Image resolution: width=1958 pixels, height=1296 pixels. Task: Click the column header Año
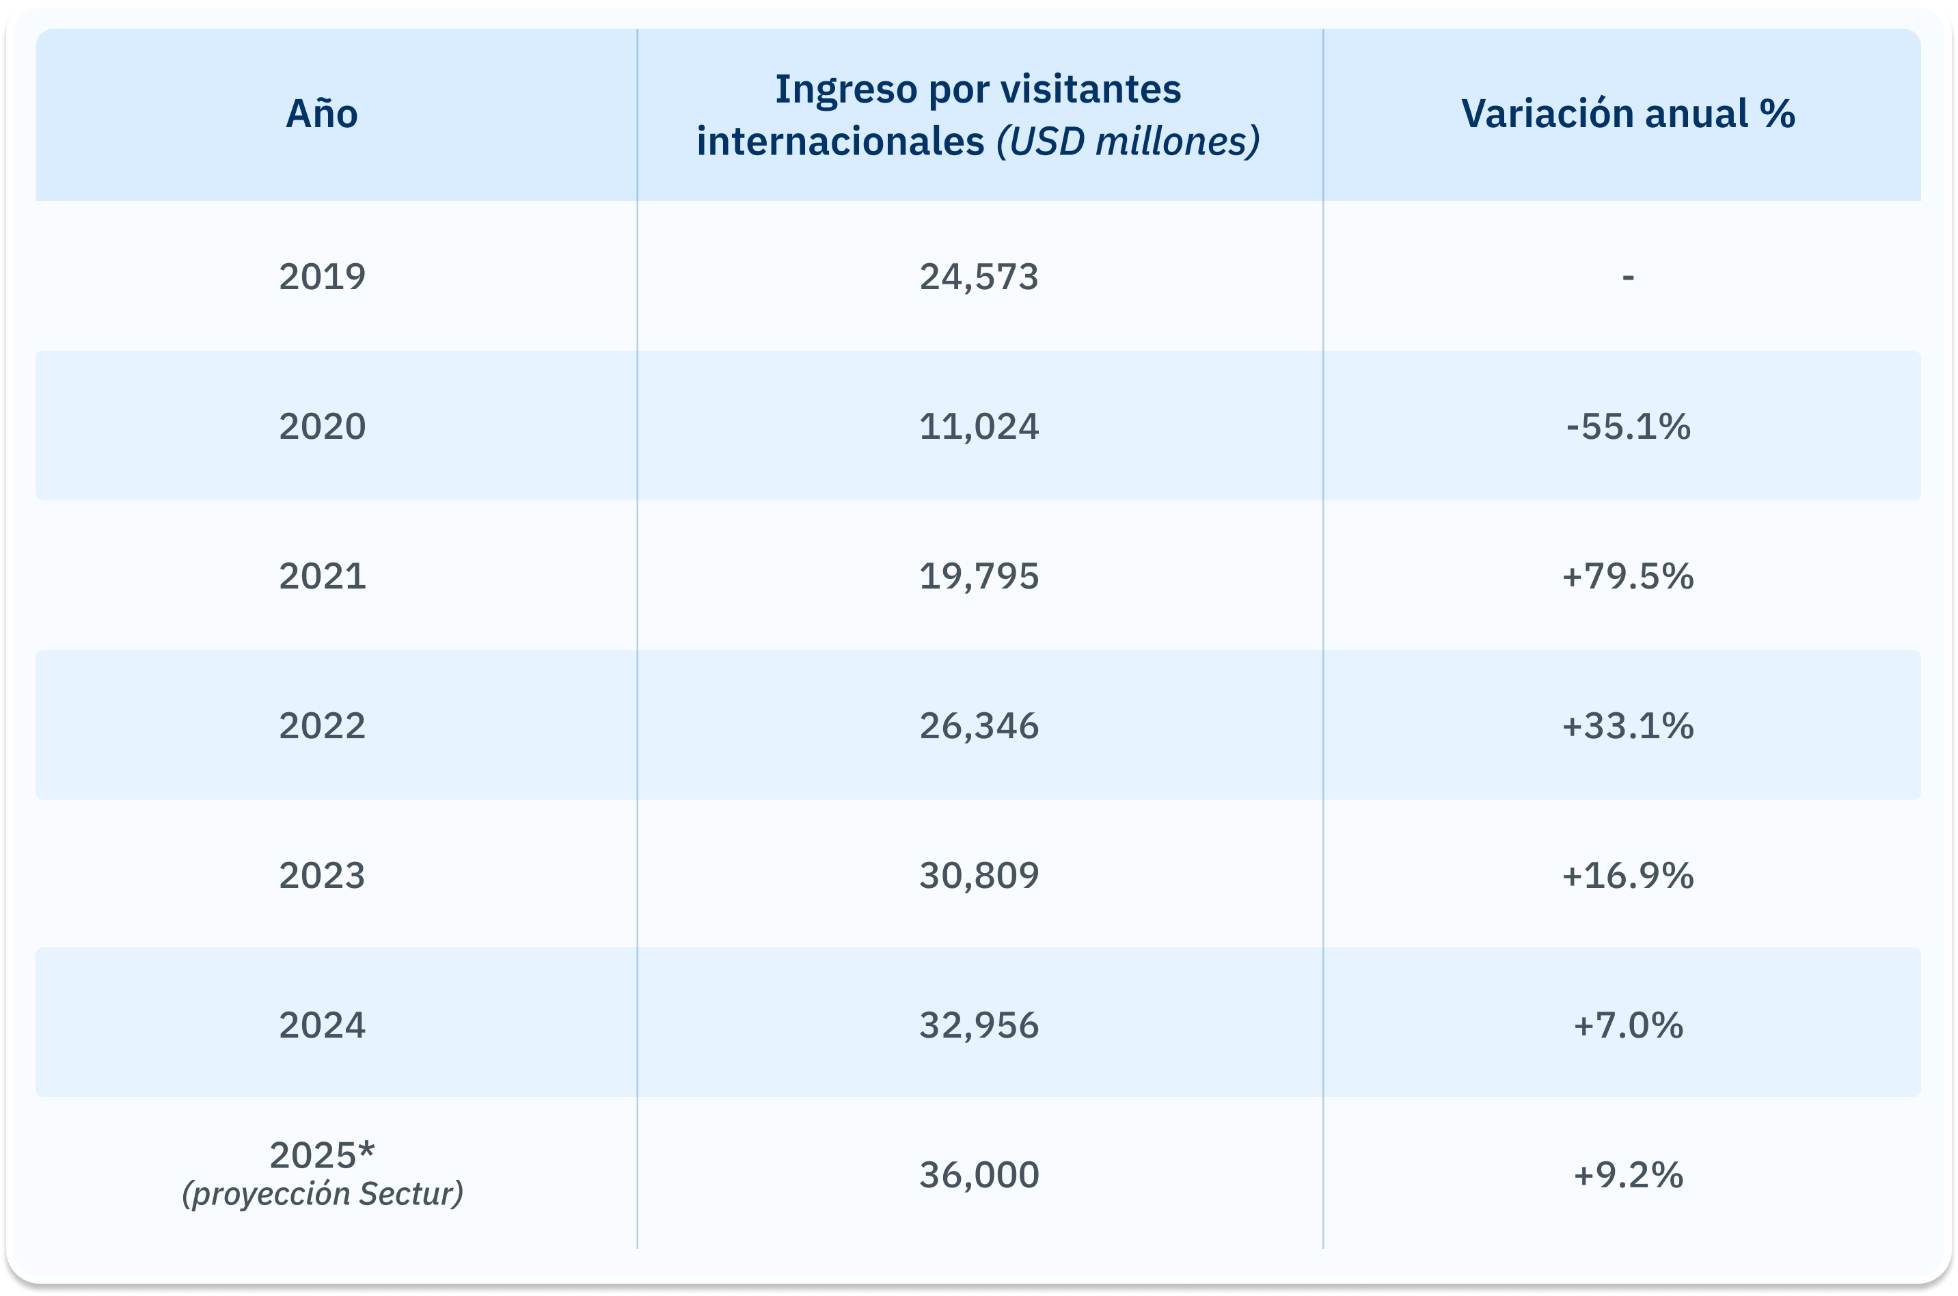pyautogui.click(x=321, y=114)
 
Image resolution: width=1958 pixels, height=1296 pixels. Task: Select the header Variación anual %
pyautogui.click(x=1627, y=114)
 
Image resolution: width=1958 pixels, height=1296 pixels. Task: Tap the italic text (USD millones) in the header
pyautogui.click(x=1128, y=141)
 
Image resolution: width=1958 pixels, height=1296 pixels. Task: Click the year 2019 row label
pyautogui.click(x=321, y=276)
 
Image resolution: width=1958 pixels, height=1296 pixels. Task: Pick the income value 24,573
pyautogui.click(x=979, y=276)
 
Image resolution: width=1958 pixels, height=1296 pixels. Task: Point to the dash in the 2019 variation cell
pyautogui.click(x=1627, y=277)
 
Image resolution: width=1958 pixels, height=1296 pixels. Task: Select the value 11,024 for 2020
pyautogui.click(x=979, y=427)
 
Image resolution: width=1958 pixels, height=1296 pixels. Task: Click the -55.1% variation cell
pyautogui.click(x=1627, y=427)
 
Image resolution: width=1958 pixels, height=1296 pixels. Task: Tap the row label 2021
pyautogui.click(x=321, y=576)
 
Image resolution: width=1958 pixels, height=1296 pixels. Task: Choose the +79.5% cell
pyautogui.click(x=1627, y=576)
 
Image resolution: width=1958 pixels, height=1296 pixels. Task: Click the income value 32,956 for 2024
pyautogui.click(x=979, y=1025)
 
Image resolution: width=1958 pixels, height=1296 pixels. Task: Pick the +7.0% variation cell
pyautogui.click(x=1627, y=1025)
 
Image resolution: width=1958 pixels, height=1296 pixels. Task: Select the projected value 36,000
pyautogui.click(x=979, y=1174)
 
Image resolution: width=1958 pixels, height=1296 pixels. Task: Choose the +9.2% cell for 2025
pyautogui.click(x=1627, y=1174)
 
